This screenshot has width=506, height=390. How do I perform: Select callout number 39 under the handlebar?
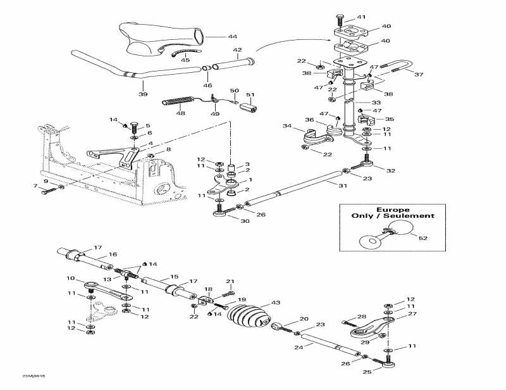[x=142, y=94]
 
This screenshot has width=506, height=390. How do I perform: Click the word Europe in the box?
[x=393, y=210]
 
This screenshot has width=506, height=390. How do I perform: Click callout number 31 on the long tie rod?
[x=342, y=186]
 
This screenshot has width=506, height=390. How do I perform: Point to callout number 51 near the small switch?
[x=251, y=96]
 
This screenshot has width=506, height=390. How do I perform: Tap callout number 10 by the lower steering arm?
[x=70, y=278]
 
